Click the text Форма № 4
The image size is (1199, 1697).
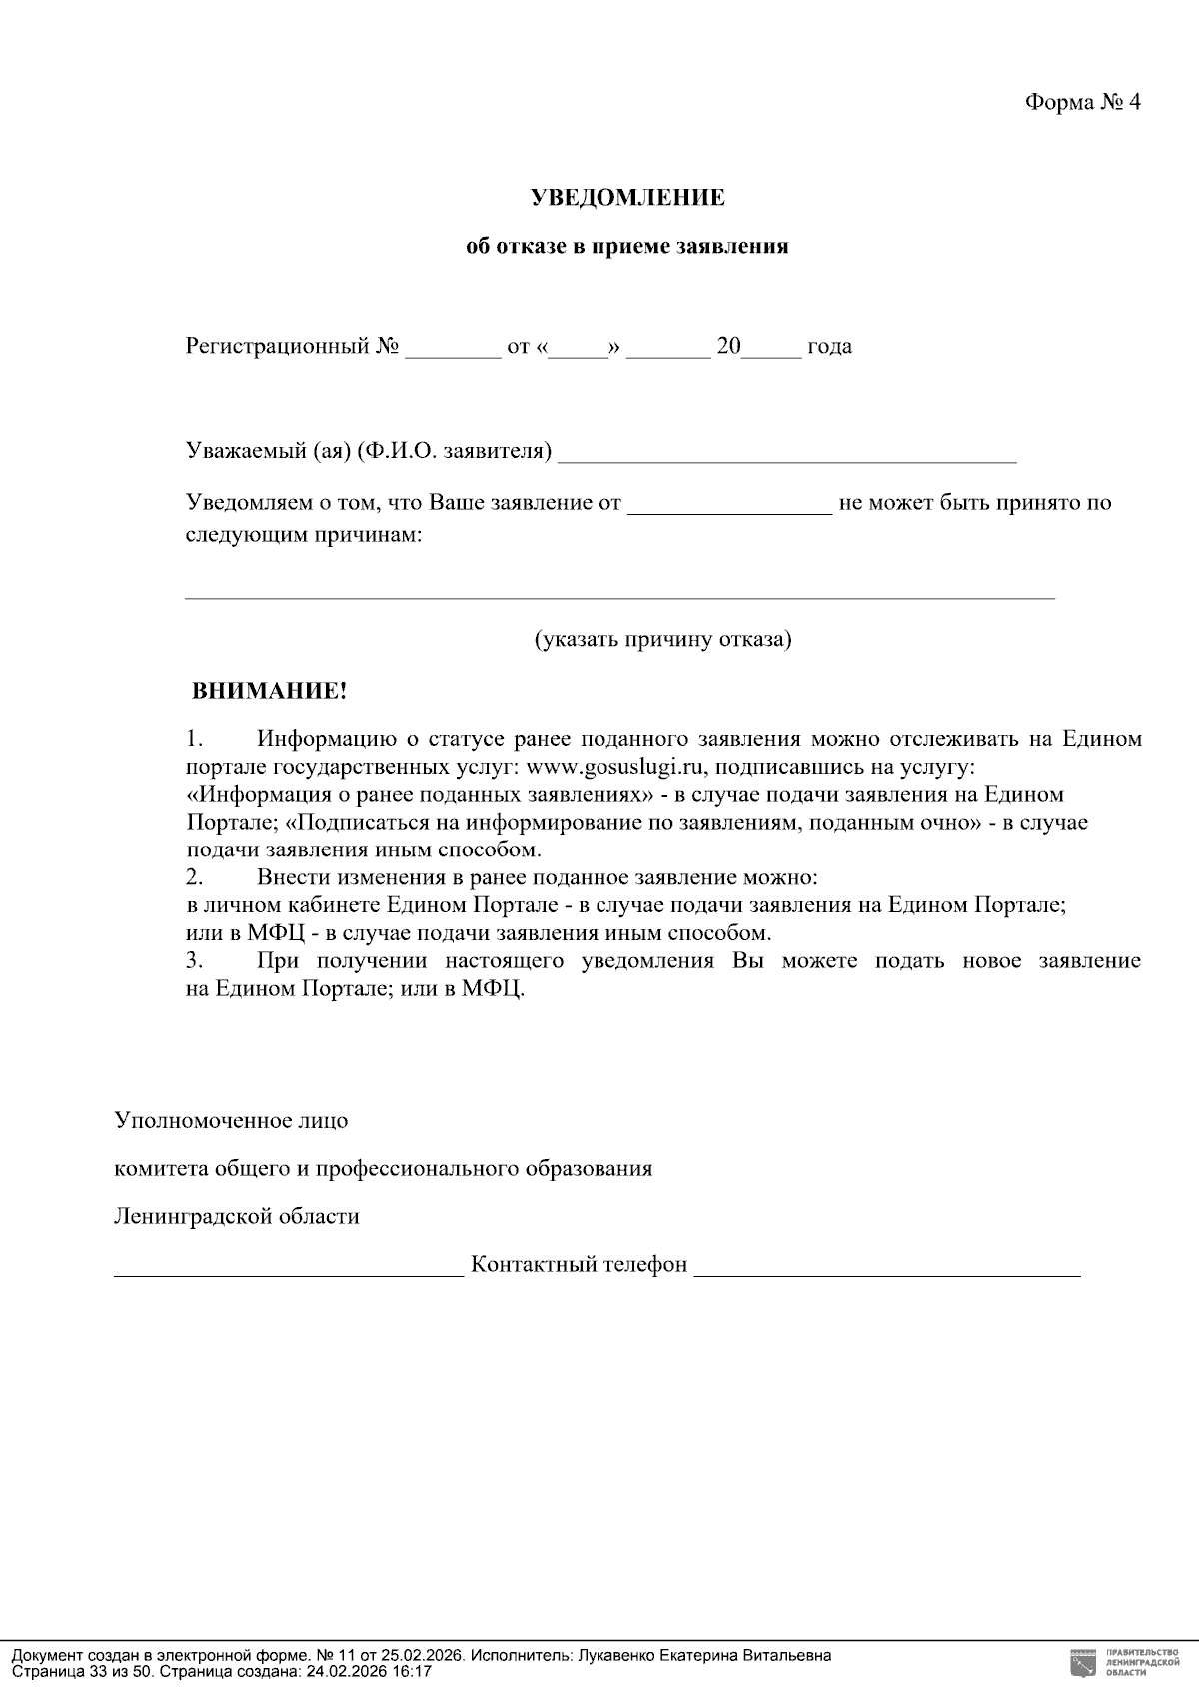point(1082,103)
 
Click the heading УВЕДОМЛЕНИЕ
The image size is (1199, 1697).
point(627,198)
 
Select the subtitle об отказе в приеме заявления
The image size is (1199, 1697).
point(627,247)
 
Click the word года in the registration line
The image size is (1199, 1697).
point(829,347)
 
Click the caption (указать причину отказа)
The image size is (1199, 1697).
point(662,639)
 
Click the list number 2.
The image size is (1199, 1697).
point(195,877)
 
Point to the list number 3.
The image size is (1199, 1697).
point(195,961)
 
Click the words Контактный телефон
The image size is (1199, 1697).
point(579,1265)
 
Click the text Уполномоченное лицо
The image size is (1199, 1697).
point(231,1120)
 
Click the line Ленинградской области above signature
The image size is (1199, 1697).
point(237,1217)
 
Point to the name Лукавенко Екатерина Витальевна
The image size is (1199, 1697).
point(703,1656)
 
